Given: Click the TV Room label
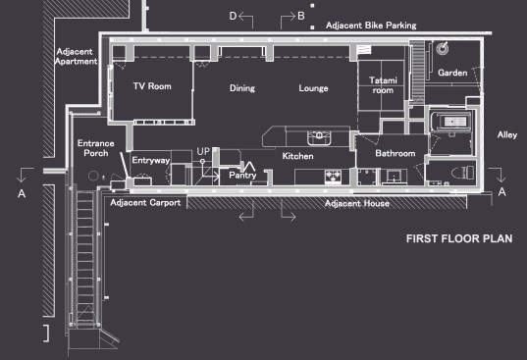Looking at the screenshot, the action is pyautogui.click(x=152, y=86).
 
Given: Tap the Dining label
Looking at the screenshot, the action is pyautogui.click(x=242, y=88).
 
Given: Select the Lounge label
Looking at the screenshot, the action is pyautogui.click(x=313, y=88).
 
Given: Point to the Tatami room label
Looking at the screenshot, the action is pyautogui.click(x=383, y=85).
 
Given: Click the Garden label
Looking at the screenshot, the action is pyautogui.click(x=452, y=73).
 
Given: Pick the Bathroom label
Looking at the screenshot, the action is pyautogui.click(x=395, y=153).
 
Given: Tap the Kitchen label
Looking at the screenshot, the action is pyautogui.click(x=297, y=156).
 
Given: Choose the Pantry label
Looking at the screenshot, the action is pyautogui.click(x=242, y=175).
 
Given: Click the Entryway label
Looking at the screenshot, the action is pyautogui.click(x=151, y=160).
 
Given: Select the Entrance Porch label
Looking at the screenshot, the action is pyautogui.click(x=96, y=148).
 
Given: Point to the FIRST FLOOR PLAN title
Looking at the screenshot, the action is pyautogui.click(x=459, y=238).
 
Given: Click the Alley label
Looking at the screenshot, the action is pyautogui.click(x=507, y=135).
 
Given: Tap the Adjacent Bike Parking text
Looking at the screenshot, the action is pyautogui.click(x=371, y=26).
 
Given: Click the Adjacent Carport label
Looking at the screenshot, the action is pyautogui.click(x=145, y=203).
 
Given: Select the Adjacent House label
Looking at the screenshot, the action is pyautogui.click(x=357, y=203).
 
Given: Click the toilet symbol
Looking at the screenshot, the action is pyautogui.click(x=463, y=173).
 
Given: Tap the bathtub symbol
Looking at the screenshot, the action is pyautogui.click(x=450, y=122).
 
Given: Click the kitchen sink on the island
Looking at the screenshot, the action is pyautogui.click(x=319, y=137).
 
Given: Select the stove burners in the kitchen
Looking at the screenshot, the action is pyautogui.click(x=333, y=177).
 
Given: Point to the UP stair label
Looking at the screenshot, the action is pyautogui.click(x=203, y=151).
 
